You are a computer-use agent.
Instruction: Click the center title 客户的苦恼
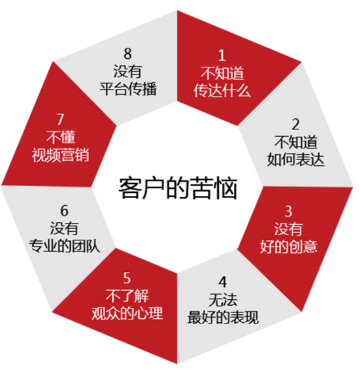[x=178, y=188]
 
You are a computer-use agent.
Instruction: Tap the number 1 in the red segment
[x=221, y=55]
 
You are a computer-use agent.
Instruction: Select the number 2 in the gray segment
[x=295, y=124]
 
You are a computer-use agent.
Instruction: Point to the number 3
[x=288, y=211]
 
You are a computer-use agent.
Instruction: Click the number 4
[x=223, y=282]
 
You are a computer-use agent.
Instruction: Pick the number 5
[x=127, y=278]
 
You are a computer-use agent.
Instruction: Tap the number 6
[x=64, y=210]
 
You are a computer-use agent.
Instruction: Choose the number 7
[x=60, y=120]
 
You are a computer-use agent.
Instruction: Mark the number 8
[x=127, y=54]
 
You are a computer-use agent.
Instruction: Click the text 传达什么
[x=222, y=90]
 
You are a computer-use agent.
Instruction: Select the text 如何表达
[x=295, y=159]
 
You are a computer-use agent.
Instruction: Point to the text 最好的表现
[x=223, y=317]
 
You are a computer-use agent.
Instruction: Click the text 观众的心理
[x=127, y=313]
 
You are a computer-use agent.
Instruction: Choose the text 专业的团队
[x=65, y=246]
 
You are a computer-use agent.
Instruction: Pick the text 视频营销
[x=61, y=154]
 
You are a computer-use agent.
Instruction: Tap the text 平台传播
[x=128, y=89]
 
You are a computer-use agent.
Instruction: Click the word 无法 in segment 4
[x=223, y=299]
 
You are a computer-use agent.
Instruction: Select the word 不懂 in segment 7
[x=61, y=137]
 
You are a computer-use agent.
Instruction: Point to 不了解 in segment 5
[x=127, y=295]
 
